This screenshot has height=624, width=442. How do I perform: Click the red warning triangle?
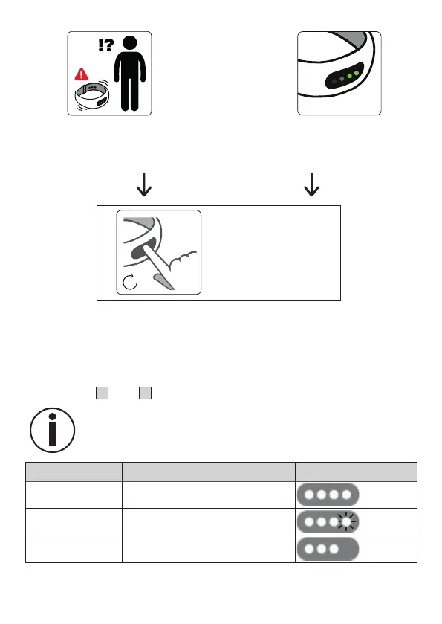[x=82, y=74]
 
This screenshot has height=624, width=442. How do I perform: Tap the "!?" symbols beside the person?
[x=105, y=45]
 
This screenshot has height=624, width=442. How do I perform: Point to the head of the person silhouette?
[x=130, y=43]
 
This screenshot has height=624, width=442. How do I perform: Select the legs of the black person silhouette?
[x=130, y=94]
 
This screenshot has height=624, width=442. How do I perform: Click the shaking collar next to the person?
[x=92, y=95]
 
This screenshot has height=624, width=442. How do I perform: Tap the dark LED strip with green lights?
[x=344, y=76]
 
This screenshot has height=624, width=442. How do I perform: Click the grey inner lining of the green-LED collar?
[x=350, y=42]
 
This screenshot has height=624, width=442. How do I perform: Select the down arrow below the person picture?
[x=144, y=184]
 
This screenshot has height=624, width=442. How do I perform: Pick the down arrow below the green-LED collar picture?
[x=311, y=184]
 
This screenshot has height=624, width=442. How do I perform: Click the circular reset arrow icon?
[x=130, y=282]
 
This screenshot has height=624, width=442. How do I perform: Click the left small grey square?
[x=103, y=393]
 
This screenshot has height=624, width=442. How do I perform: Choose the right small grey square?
[x=145, y=393]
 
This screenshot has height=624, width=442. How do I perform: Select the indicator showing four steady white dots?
[x=328, y=495]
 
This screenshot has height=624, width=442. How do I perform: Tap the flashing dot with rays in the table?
[x=347, y=521]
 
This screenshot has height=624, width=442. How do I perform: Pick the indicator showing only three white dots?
[x=328, y=549]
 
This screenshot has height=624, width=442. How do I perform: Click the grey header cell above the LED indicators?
[x=356, y=472]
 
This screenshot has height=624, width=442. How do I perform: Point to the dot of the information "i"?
[x=52, y=417]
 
